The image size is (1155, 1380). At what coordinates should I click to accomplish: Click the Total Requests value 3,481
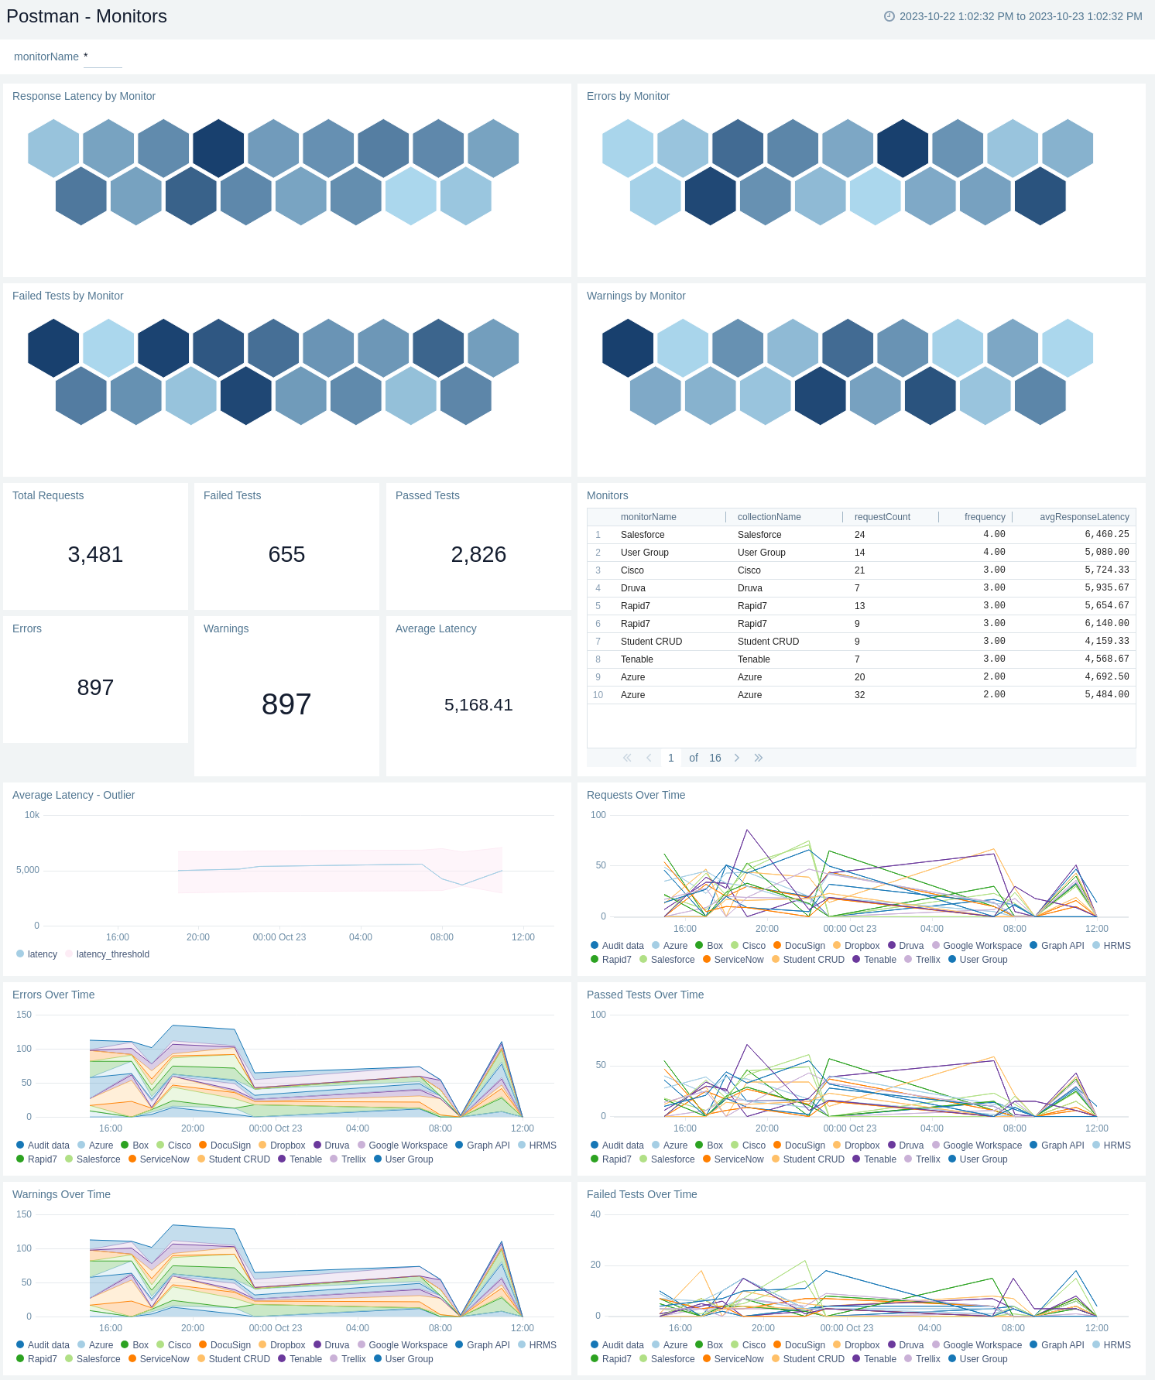click(95, 554)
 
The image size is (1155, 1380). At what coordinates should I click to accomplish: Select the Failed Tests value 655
click(286, 554)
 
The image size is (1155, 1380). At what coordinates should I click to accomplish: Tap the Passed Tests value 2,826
click(478, 554)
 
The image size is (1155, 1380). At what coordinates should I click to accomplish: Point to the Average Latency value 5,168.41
click(478, 704)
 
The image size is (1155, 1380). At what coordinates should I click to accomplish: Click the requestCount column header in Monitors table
click(882, 517)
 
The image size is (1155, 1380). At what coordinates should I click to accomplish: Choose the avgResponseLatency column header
click(1084, 517)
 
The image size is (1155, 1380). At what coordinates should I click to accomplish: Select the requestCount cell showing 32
click(859, 695)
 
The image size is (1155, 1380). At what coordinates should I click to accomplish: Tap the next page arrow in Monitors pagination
click(737, 758)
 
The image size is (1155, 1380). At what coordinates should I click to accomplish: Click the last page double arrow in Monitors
click(759, 758)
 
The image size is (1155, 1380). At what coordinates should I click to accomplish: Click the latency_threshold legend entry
click(112, 954)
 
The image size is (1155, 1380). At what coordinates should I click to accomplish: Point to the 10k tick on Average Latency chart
click(32, 815)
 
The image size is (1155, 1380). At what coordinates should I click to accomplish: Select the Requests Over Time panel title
click(636, 795)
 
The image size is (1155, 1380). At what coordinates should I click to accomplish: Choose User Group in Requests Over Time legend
click(983, 960)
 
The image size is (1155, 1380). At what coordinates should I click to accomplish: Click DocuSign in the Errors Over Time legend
click(230, 1145)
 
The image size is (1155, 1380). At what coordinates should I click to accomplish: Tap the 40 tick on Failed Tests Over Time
click(595, 1214)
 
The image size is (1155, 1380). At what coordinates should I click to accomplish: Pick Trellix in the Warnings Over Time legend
click(353, 1359)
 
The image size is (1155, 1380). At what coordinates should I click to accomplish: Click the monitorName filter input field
click(103, 57)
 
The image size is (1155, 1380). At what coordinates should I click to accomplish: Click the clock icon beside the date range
click(889, 16)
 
